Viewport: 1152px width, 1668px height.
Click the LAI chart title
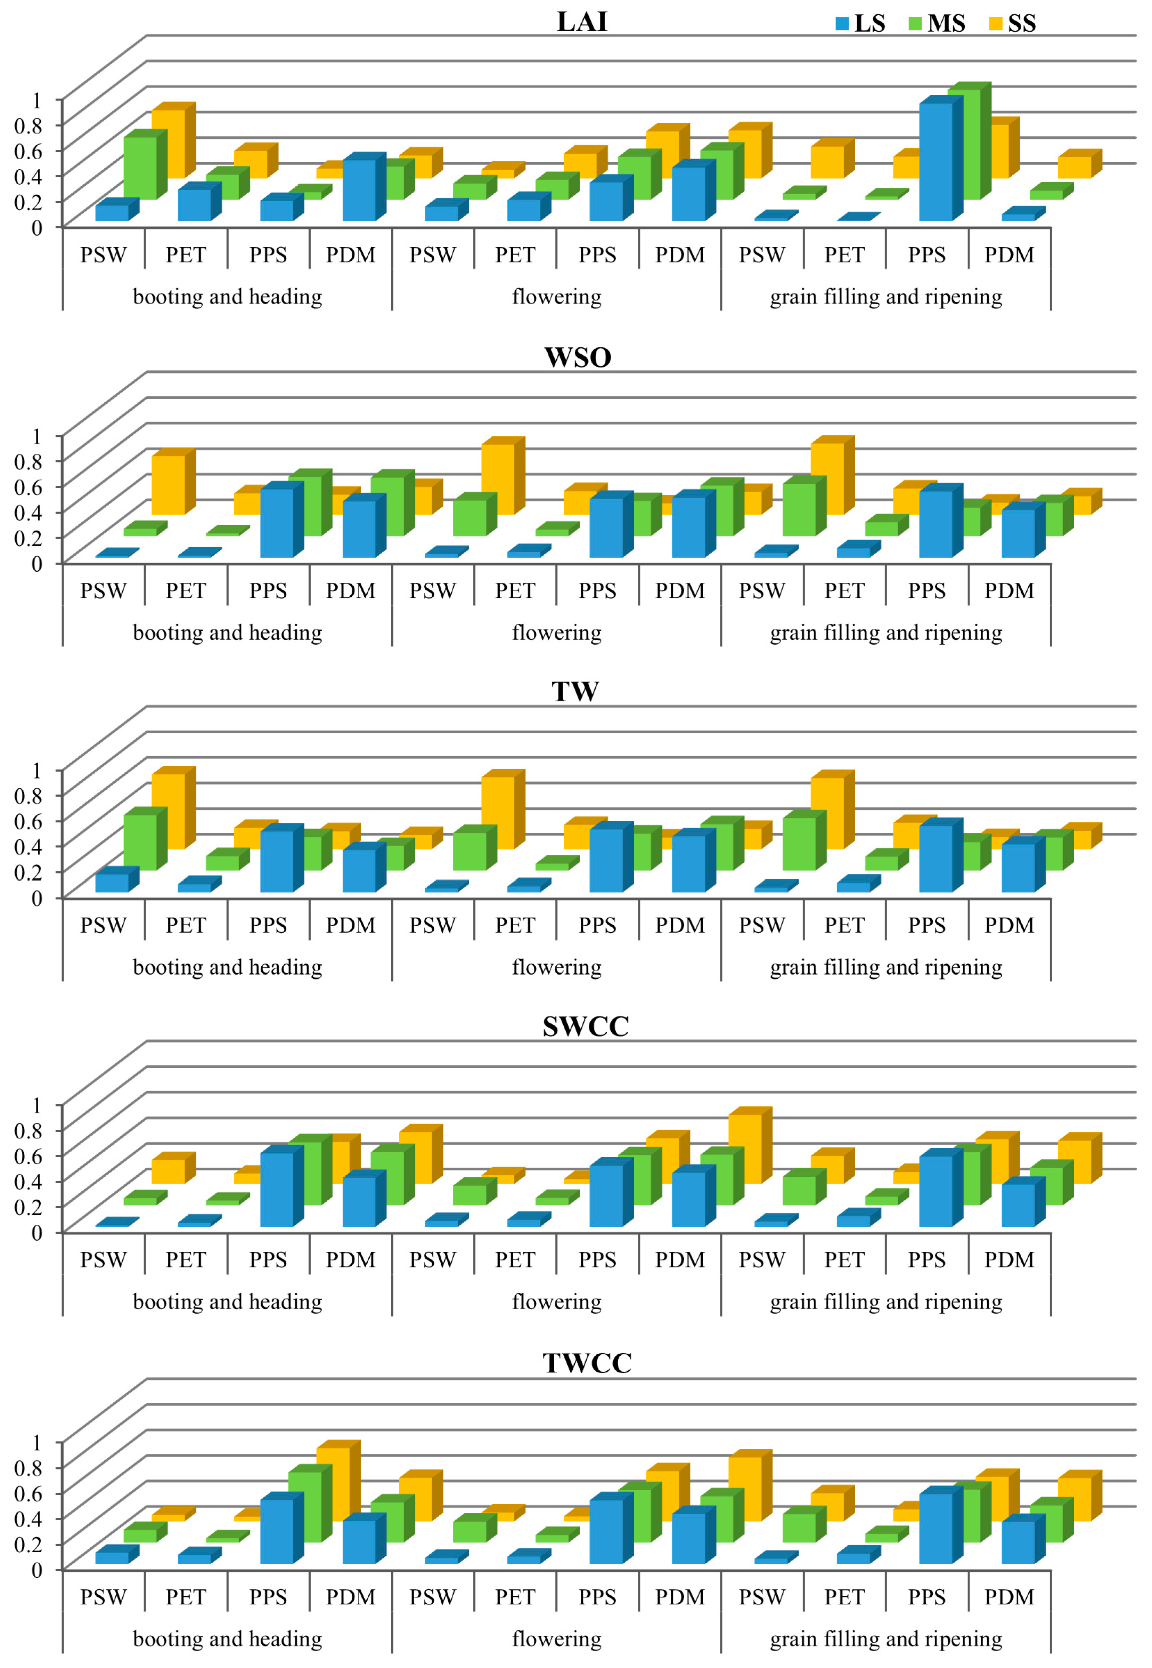pyautogui.click(x=582, y=22)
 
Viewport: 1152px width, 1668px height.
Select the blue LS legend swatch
pyautogui.click(x=842, y=24)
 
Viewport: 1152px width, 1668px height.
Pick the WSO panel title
pyautogui.click(x=578, y=357)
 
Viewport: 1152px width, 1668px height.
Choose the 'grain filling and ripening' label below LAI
pyautogui.click(x=886, y=297)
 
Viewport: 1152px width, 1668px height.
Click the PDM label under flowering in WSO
pyautogui.click(x=679, y=591)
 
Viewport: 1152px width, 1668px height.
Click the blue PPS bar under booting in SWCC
pyautogui.click(x=277, y=1189)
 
